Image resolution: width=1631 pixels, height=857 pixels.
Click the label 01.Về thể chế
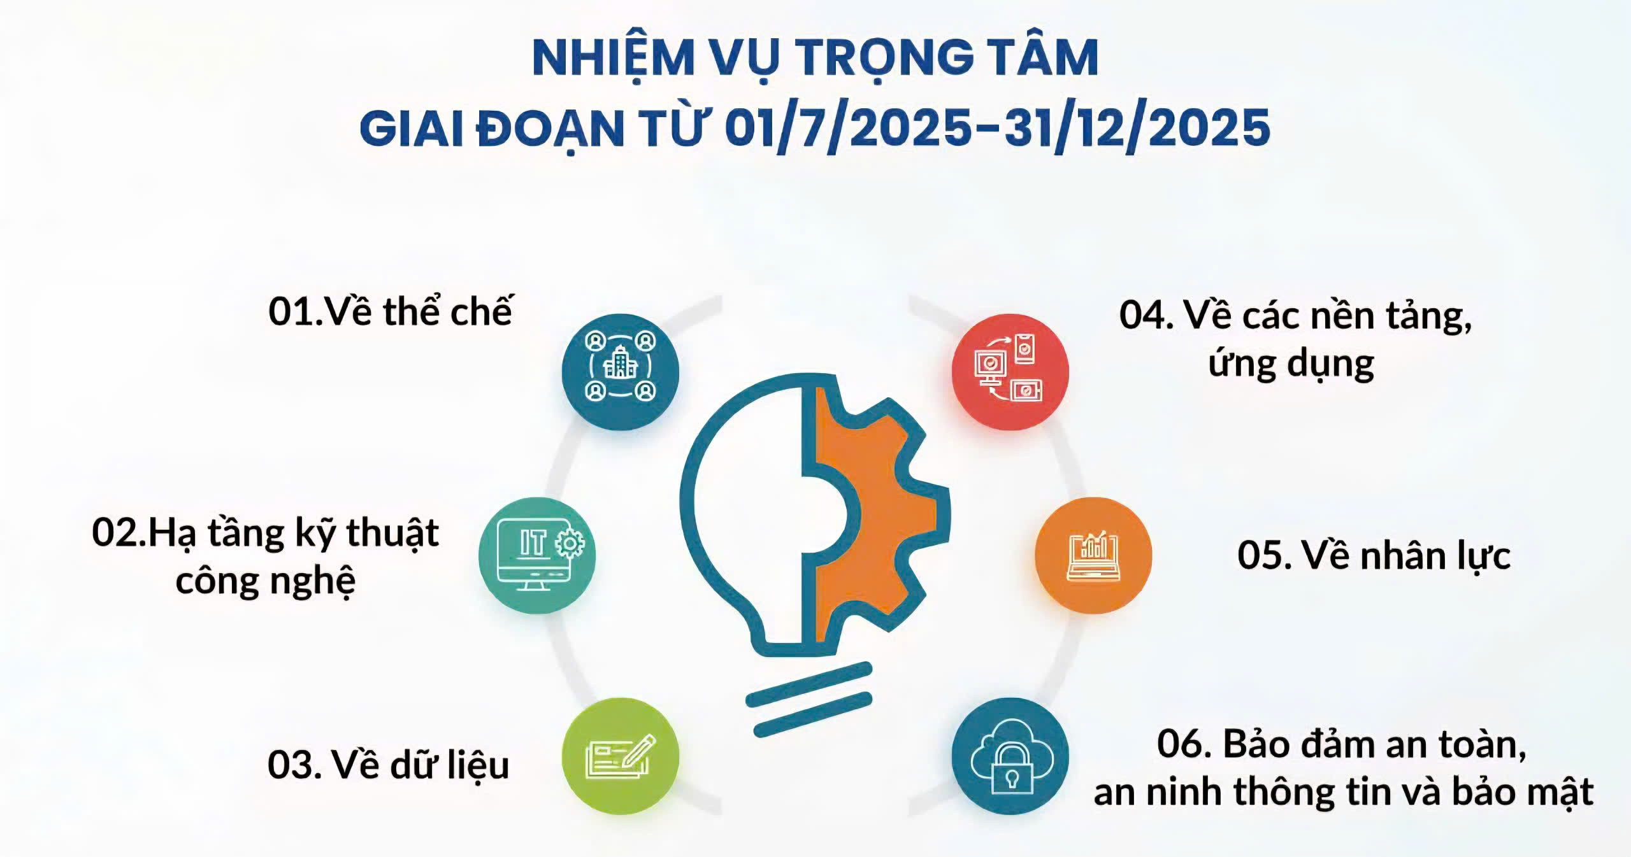pyautogui.click(x=390, y=311)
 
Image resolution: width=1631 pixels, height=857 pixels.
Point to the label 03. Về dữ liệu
pyautogui.click(x=388, y=765)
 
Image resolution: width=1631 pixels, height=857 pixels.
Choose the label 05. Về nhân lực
pyautogui.click(x=1374, y=556)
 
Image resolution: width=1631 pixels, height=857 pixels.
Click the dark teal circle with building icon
pyautogui.click(x=621, y=372)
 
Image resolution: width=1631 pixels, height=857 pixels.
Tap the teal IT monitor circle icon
pyautogui.click(x=537, y=555)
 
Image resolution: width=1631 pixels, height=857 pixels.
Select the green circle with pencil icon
pyautogui.click(x=621, y=756)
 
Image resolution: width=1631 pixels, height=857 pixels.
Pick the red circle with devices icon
pyautogui.click(x=1010, y=372)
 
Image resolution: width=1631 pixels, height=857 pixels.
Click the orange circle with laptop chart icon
pyautogui.click(x=1093, y=555)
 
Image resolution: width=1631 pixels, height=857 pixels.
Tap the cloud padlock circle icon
pyautogui.click(x=1010, y=756)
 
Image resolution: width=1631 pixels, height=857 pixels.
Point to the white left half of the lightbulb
pyautogui.click(x=745, y=509)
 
